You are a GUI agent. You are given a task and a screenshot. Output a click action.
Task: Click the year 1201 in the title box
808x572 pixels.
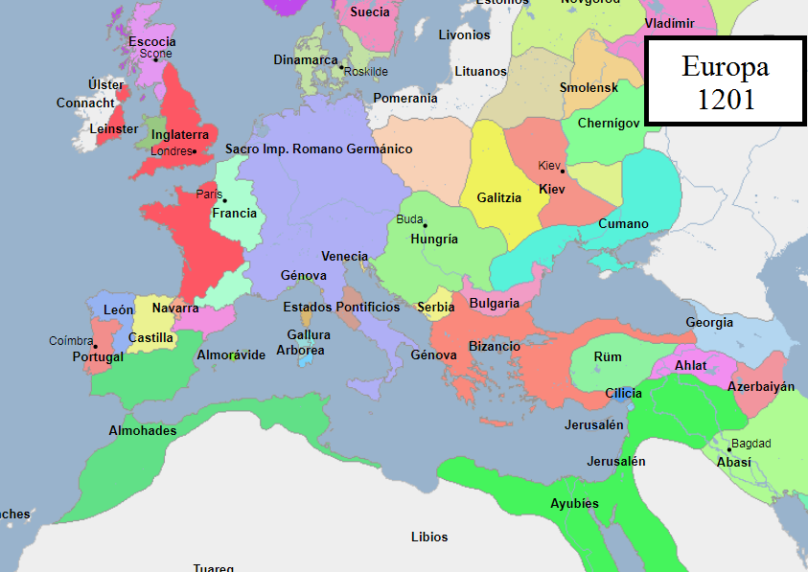[x=725, y=99]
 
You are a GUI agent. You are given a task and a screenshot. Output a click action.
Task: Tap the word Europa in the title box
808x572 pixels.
[x=725, y=67]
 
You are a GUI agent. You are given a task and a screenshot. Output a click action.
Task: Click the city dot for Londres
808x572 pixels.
[x=194, y=151]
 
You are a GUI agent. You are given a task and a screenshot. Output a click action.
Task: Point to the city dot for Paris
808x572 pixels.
[x=224, y=200]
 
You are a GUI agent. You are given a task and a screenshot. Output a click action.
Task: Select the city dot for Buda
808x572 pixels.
[x=425, y=225]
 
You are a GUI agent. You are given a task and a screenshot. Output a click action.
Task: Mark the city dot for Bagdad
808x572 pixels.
[x=729, y=449]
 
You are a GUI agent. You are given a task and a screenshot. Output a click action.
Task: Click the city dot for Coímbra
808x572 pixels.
[x=95, y=347]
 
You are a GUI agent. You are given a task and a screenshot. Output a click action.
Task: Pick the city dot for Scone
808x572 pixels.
[x=155, y=60]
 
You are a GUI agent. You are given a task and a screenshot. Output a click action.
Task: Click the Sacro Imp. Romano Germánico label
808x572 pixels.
[x=318, y=149]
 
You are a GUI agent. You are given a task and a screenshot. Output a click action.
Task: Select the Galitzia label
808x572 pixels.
[x=498, y=197]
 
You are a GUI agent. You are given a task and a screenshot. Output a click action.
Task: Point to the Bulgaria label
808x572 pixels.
[x=495, y=304]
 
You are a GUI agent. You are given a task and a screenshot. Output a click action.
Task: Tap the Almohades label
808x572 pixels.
[x=142, y=430]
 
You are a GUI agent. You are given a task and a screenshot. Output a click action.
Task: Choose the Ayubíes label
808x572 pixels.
[x=574, y=504]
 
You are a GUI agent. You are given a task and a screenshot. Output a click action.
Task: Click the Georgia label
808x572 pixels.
[x=709, y=323]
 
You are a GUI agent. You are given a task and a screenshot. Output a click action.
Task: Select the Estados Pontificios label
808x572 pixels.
[x=341, y=307]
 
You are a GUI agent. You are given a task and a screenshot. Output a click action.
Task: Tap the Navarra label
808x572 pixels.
[x=175, y=309]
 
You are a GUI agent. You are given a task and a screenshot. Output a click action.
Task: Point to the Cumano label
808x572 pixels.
[x=623, y=223]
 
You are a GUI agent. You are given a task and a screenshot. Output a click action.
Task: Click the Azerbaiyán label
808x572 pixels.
[x=761, y=386]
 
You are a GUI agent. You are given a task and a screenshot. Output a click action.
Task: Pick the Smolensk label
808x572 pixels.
[x=589, y=88]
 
